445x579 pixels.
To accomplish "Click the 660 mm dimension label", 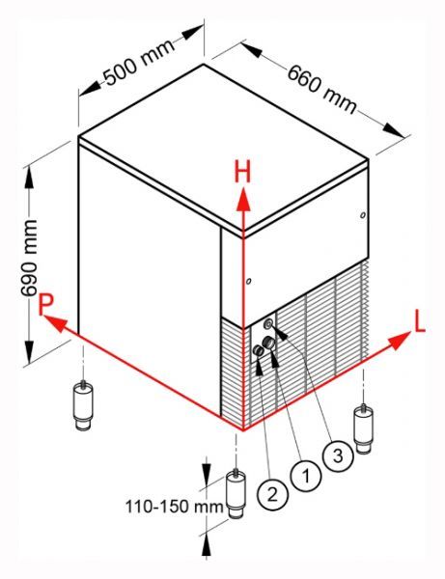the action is (x=322, y=89).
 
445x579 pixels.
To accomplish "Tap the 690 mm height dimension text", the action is (x=30, y=258).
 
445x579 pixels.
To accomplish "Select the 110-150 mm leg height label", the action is (x=175, y=507).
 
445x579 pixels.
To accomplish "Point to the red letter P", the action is (x=46, y=305).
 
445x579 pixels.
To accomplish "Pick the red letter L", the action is (x=420, y=322).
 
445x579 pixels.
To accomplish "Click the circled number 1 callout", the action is (x=306, y=476).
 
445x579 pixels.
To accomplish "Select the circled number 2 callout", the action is (x=272, y=494).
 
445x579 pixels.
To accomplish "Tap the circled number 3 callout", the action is (x=338, y=455).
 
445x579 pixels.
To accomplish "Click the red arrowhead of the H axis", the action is (x=243, y=200).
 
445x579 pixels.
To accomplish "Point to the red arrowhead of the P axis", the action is (x=56, y=322).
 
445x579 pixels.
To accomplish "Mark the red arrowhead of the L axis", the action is (x=400, y=341).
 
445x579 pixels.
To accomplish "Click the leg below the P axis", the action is (x=84, y=405).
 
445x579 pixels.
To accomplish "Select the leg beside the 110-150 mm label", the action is (x=236, y=494).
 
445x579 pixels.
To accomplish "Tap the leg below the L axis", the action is (x=363, y=428).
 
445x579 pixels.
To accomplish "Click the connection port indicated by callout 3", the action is (x=268, y=324).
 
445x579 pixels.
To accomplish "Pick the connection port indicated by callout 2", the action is (x=258, y=351).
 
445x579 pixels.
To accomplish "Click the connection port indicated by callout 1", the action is (x=268, y=343).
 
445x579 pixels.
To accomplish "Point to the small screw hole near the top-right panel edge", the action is (x=363, y=214).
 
